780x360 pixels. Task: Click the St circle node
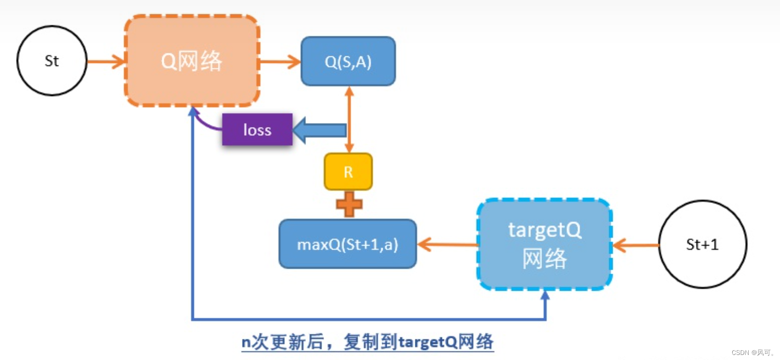pos(52,61)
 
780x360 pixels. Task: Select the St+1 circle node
pos(702,244)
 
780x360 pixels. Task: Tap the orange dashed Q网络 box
pos(192,61)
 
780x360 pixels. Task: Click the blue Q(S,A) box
pos(348,62)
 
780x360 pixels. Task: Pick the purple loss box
pos(257,130)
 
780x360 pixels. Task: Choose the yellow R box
pos(348,172)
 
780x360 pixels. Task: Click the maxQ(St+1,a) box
pos(348,244)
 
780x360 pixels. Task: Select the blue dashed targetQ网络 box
pos(545,244)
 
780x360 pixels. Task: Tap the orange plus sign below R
pos(349,204)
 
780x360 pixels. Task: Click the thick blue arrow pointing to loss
pos(320,130)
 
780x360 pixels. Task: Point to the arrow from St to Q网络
pos(106,61)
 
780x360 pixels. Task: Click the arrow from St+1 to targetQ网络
pos(636,245)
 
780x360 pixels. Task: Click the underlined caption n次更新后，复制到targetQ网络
pos(367,342)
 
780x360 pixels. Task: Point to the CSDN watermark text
pos(752,353)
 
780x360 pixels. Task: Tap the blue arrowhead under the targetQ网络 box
pos(545,296)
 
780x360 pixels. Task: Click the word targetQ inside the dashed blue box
pos(545,230)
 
